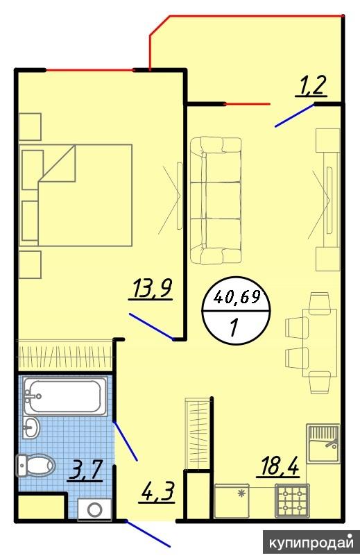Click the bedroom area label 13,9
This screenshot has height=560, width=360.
(x=151, y=289)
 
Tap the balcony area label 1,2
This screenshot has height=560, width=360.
(x=311, y=87)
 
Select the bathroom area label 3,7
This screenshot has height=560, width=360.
(x=87, y=470)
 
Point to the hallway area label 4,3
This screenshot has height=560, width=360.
(x=157, y=493)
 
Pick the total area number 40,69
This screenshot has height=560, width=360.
(x=237, y=296)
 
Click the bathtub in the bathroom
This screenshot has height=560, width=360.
(x=65, y=396)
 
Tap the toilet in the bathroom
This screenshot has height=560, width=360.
(x=35, y=466)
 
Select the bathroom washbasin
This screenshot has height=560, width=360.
(x=31, y=427)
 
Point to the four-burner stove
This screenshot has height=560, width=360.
(x=292, y=500)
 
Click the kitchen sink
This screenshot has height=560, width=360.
(x=323, y=443)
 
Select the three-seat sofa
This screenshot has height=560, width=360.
(x=216, y=201)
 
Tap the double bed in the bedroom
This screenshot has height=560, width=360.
(x=76, y=195)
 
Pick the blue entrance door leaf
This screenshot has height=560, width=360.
(x=148, y=534)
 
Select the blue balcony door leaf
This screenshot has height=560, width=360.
(x=295, y=115)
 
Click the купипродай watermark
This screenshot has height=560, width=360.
(x=311, y=543)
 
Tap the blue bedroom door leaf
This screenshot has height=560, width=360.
(x=151, y=326)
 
